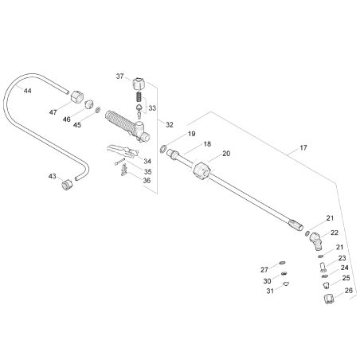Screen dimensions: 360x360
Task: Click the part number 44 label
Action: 28,92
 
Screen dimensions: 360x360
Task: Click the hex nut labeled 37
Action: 140,83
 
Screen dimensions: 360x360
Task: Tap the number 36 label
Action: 147,181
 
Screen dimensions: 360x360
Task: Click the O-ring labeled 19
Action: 162,148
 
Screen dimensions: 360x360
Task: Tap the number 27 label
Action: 266,270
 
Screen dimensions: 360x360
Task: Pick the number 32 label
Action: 170,125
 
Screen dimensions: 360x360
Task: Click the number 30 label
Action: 268,280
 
